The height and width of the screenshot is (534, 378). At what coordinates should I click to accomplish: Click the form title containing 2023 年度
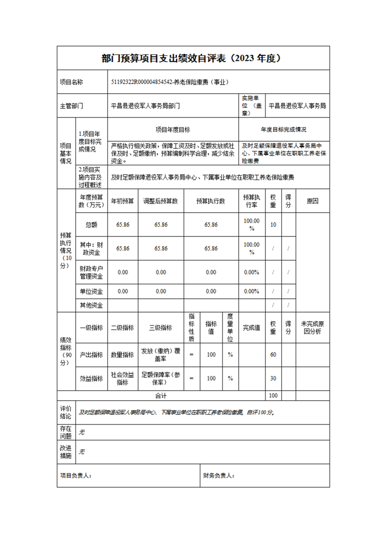(193, 58)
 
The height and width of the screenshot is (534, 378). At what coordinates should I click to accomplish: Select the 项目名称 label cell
(72, 82)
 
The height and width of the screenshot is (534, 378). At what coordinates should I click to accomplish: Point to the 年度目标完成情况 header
(283, 129)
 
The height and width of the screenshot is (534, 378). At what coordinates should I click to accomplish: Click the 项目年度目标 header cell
(173, 129)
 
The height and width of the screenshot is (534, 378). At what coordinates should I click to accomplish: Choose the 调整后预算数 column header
(161, 201)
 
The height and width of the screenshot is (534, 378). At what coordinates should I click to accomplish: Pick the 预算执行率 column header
(251, 201)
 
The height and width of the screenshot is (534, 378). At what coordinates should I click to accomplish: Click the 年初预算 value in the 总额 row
(123, 225)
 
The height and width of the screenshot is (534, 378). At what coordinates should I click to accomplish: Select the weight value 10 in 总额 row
(273, 225)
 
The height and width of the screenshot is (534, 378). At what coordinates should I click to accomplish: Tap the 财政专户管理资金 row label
(92, 272)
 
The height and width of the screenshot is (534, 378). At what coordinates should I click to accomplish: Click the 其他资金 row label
(92, 305)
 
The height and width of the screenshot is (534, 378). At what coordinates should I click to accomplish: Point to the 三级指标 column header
(161, 328)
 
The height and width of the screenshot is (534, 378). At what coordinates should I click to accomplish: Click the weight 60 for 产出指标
(273, 355)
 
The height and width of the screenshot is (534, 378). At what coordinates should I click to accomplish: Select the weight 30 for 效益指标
(273, 378)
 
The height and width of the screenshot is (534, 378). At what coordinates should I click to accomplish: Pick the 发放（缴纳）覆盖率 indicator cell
(161, 355)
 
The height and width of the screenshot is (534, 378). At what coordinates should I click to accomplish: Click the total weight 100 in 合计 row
(273, 396)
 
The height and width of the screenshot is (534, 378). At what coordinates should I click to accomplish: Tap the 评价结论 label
(66, 412)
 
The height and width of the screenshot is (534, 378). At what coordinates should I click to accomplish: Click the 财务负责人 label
(219, 475)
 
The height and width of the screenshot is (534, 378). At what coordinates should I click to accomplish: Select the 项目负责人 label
(76, 475)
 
